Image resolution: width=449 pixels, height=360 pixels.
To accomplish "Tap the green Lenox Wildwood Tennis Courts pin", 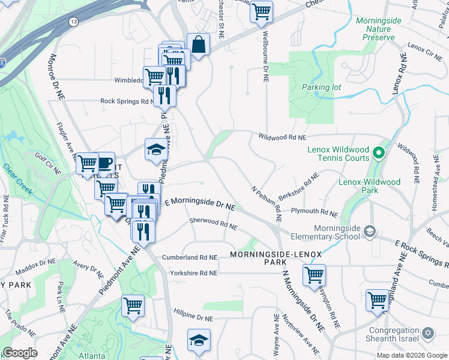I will (x=378, y=154).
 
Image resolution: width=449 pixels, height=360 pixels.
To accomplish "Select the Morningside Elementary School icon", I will (x=370, y=231).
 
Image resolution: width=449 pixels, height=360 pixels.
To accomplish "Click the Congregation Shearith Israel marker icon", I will (x=428, y=332).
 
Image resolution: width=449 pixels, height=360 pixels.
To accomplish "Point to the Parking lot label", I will (x=321, y=87).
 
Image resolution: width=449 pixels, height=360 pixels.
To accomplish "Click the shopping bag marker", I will (x=197, y=44).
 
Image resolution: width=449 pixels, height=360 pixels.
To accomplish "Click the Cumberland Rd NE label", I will (x=188, y=257).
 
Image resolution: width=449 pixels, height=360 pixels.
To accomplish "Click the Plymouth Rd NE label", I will (x=315, y=212).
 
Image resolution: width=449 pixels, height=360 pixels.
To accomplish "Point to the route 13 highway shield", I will (x=73, y=22).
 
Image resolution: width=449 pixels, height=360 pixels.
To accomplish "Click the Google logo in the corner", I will (x=20, y=353).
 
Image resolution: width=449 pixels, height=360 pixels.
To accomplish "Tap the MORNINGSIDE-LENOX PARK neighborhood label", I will (x=268, y=259).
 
